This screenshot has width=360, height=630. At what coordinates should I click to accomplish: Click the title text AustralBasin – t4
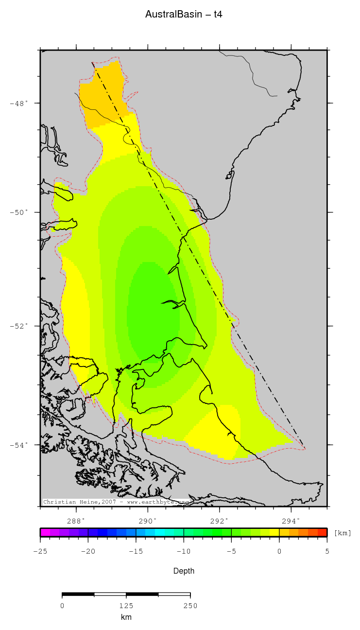184,15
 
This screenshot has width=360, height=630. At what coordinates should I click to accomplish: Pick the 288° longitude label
76,520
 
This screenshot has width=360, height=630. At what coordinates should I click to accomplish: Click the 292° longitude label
220,520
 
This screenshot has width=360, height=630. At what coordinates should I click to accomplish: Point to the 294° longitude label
291,520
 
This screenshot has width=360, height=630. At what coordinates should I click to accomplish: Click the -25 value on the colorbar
40,551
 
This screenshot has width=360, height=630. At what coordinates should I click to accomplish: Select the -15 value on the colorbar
136,551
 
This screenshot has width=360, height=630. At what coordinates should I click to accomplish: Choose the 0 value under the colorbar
279,551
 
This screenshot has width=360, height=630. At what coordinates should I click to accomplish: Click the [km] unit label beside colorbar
343,533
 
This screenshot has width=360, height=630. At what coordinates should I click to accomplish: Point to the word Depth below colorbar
184,571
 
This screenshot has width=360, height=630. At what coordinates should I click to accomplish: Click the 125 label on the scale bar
126,606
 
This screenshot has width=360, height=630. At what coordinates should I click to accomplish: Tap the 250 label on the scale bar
190,606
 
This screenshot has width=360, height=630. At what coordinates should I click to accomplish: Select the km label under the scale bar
126,617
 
